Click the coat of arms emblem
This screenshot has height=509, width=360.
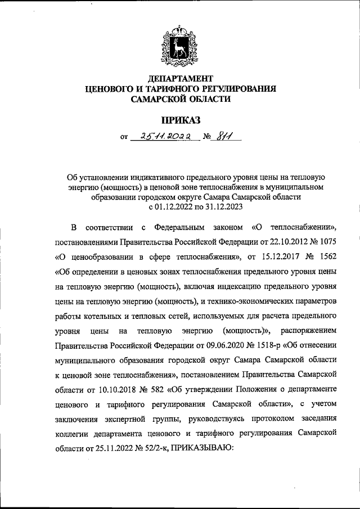pyautogui.click(x=181, y=44)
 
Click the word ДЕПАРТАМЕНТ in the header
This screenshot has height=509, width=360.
pyautogui.click(x=180, y=78)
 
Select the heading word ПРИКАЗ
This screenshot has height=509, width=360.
pyautogui.click(x=181, y=119)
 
